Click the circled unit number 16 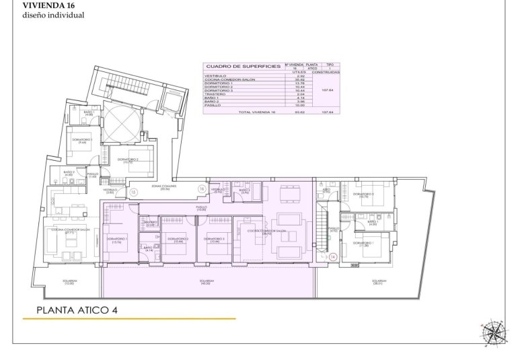200,189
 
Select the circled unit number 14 332,256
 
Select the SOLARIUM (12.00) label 69,283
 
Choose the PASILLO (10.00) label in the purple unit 201,209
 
